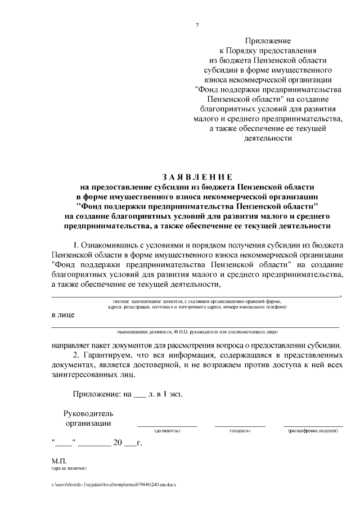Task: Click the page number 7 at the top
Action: [x=197, y=24]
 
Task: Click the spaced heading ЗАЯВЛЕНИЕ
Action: [x=197, y=177]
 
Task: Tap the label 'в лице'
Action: [x=63, y=315]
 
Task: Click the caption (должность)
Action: [x=167, y=431]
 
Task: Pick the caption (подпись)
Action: [x=240, y=431]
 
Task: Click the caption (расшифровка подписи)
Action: [x=313, y=431]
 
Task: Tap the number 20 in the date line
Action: [x=118, y=443]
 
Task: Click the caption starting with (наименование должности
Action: [x=197, y=332]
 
